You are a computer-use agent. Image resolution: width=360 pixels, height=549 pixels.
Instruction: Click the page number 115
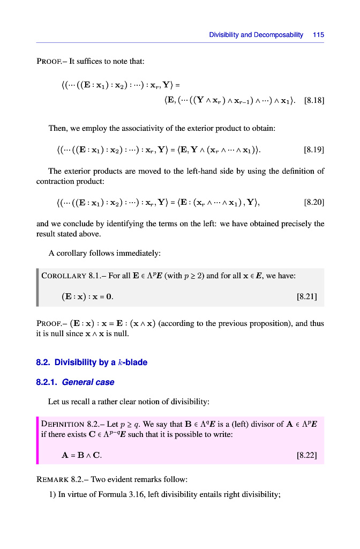[319, 35]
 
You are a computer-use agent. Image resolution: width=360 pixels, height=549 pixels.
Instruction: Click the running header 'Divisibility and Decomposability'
[256, 35]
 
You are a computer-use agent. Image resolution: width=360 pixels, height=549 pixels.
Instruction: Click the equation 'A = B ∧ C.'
[82, 456]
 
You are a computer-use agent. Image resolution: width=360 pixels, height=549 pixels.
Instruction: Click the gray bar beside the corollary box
[37, 287]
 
